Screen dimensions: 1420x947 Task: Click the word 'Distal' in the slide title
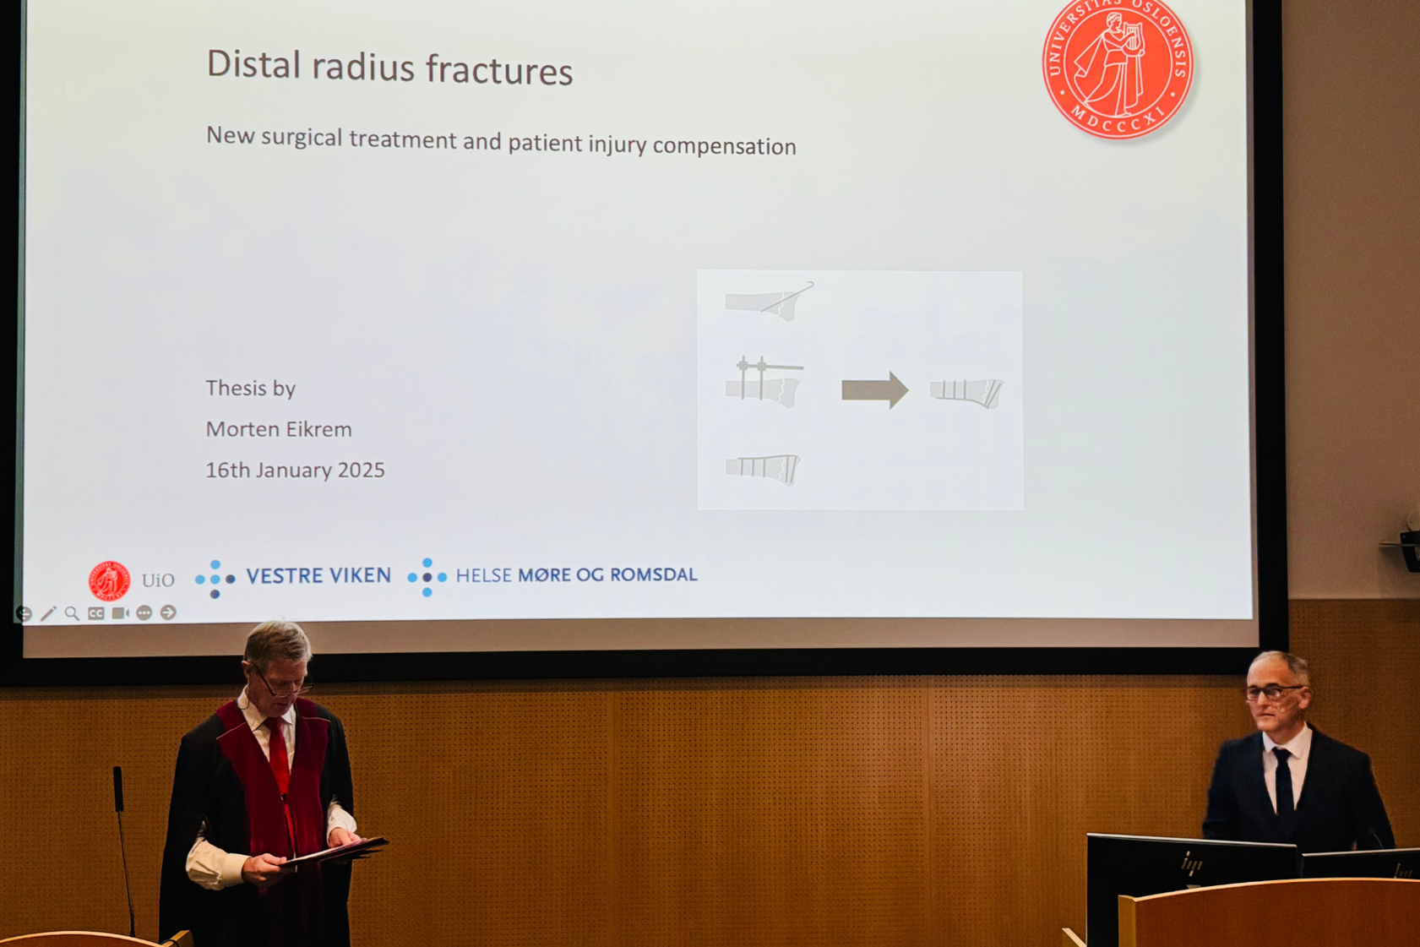[253, 64]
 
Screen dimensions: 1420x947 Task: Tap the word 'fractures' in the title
[499, 69]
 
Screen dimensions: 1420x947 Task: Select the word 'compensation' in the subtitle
[724, 146]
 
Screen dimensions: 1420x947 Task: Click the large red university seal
[1118, 67]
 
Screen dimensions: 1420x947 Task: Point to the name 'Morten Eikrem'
[279, 429]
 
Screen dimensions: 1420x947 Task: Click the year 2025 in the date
[361, 470]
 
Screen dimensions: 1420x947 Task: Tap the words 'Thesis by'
[251, 388]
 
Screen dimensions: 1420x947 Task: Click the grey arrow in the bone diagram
[875, 389]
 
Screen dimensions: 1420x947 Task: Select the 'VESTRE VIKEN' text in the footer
[318, 575]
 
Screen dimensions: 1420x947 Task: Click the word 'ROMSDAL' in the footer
[654, 574]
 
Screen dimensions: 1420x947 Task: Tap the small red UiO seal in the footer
[109, 580]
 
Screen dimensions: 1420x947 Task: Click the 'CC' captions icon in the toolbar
[95, 613]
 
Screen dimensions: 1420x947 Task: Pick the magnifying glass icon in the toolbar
[72, 613]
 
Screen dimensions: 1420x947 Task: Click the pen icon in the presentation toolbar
[48, 613]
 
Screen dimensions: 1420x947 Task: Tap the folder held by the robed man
[336, 852]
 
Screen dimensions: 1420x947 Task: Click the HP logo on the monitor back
[1193, 863]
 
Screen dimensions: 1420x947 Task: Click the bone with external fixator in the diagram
[764, 382]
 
